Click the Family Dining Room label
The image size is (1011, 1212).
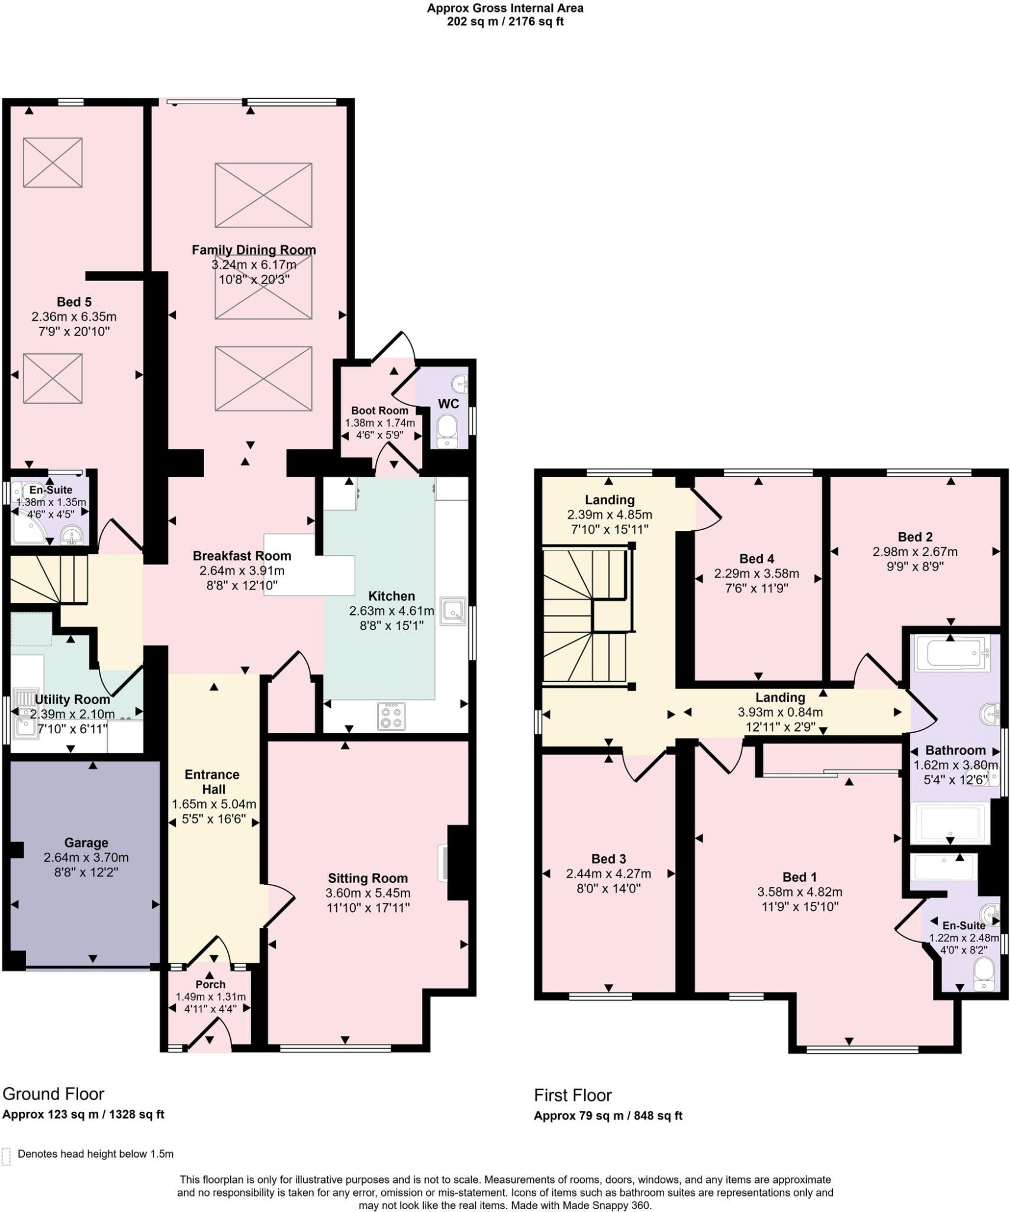[253, 250]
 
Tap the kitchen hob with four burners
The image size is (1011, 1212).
[391, 717]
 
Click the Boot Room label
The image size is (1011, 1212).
[379, 411]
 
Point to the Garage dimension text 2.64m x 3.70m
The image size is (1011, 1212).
[86, 858]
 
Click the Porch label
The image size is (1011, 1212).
[210, 984]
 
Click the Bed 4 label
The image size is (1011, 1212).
[756, 559]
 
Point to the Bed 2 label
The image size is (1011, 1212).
[915, 537]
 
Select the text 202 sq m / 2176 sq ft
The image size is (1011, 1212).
[505, 22]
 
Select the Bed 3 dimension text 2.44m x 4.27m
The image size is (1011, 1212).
[608, 874]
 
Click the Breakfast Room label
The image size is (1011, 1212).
[242, 556]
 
